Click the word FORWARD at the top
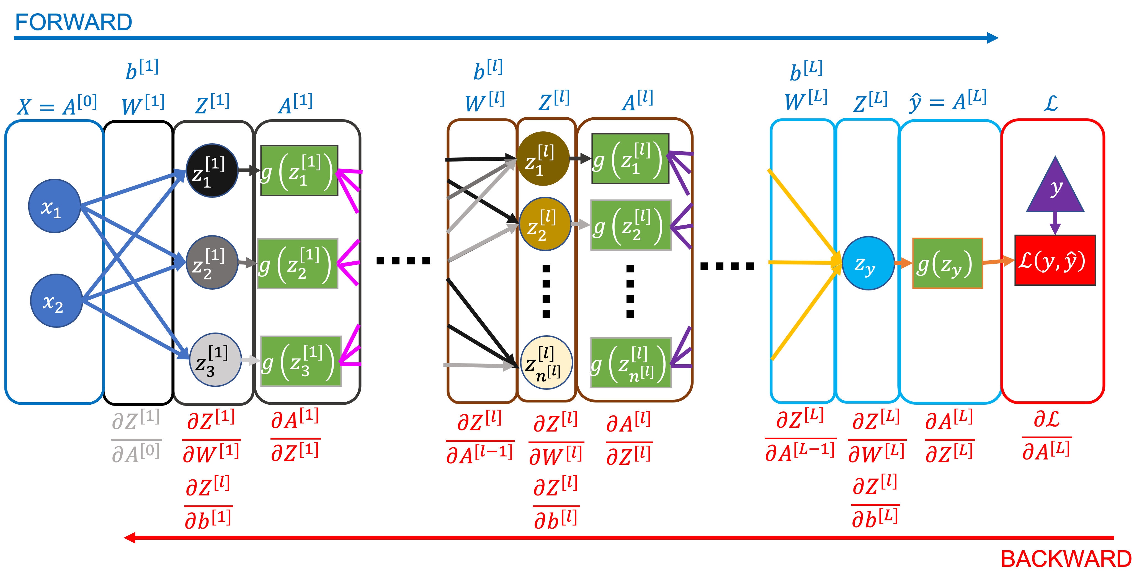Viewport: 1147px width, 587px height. tap(73, 22)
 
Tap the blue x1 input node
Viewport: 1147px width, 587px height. tap(54, 206)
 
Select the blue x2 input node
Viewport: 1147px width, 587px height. tap(56, 301)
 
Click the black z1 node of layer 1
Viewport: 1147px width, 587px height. tap(212, 170)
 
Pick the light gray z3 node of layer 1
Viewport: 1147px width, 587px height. tap(215, 360)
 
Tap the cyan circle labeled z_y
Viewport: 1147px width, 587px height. tap(868, 263)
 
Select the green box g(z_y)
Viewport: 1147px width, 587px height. tap(947, 263)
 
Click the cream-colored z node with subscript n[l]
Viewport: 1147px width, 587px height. tap(546, 362)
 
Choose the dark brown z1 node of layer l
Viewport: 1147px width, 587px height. tap(543, 159)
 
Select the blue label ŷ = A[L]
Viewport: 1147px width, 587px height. tap(947, 102)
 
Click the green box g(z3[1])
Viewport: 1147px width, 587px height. tap(301, 361)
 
